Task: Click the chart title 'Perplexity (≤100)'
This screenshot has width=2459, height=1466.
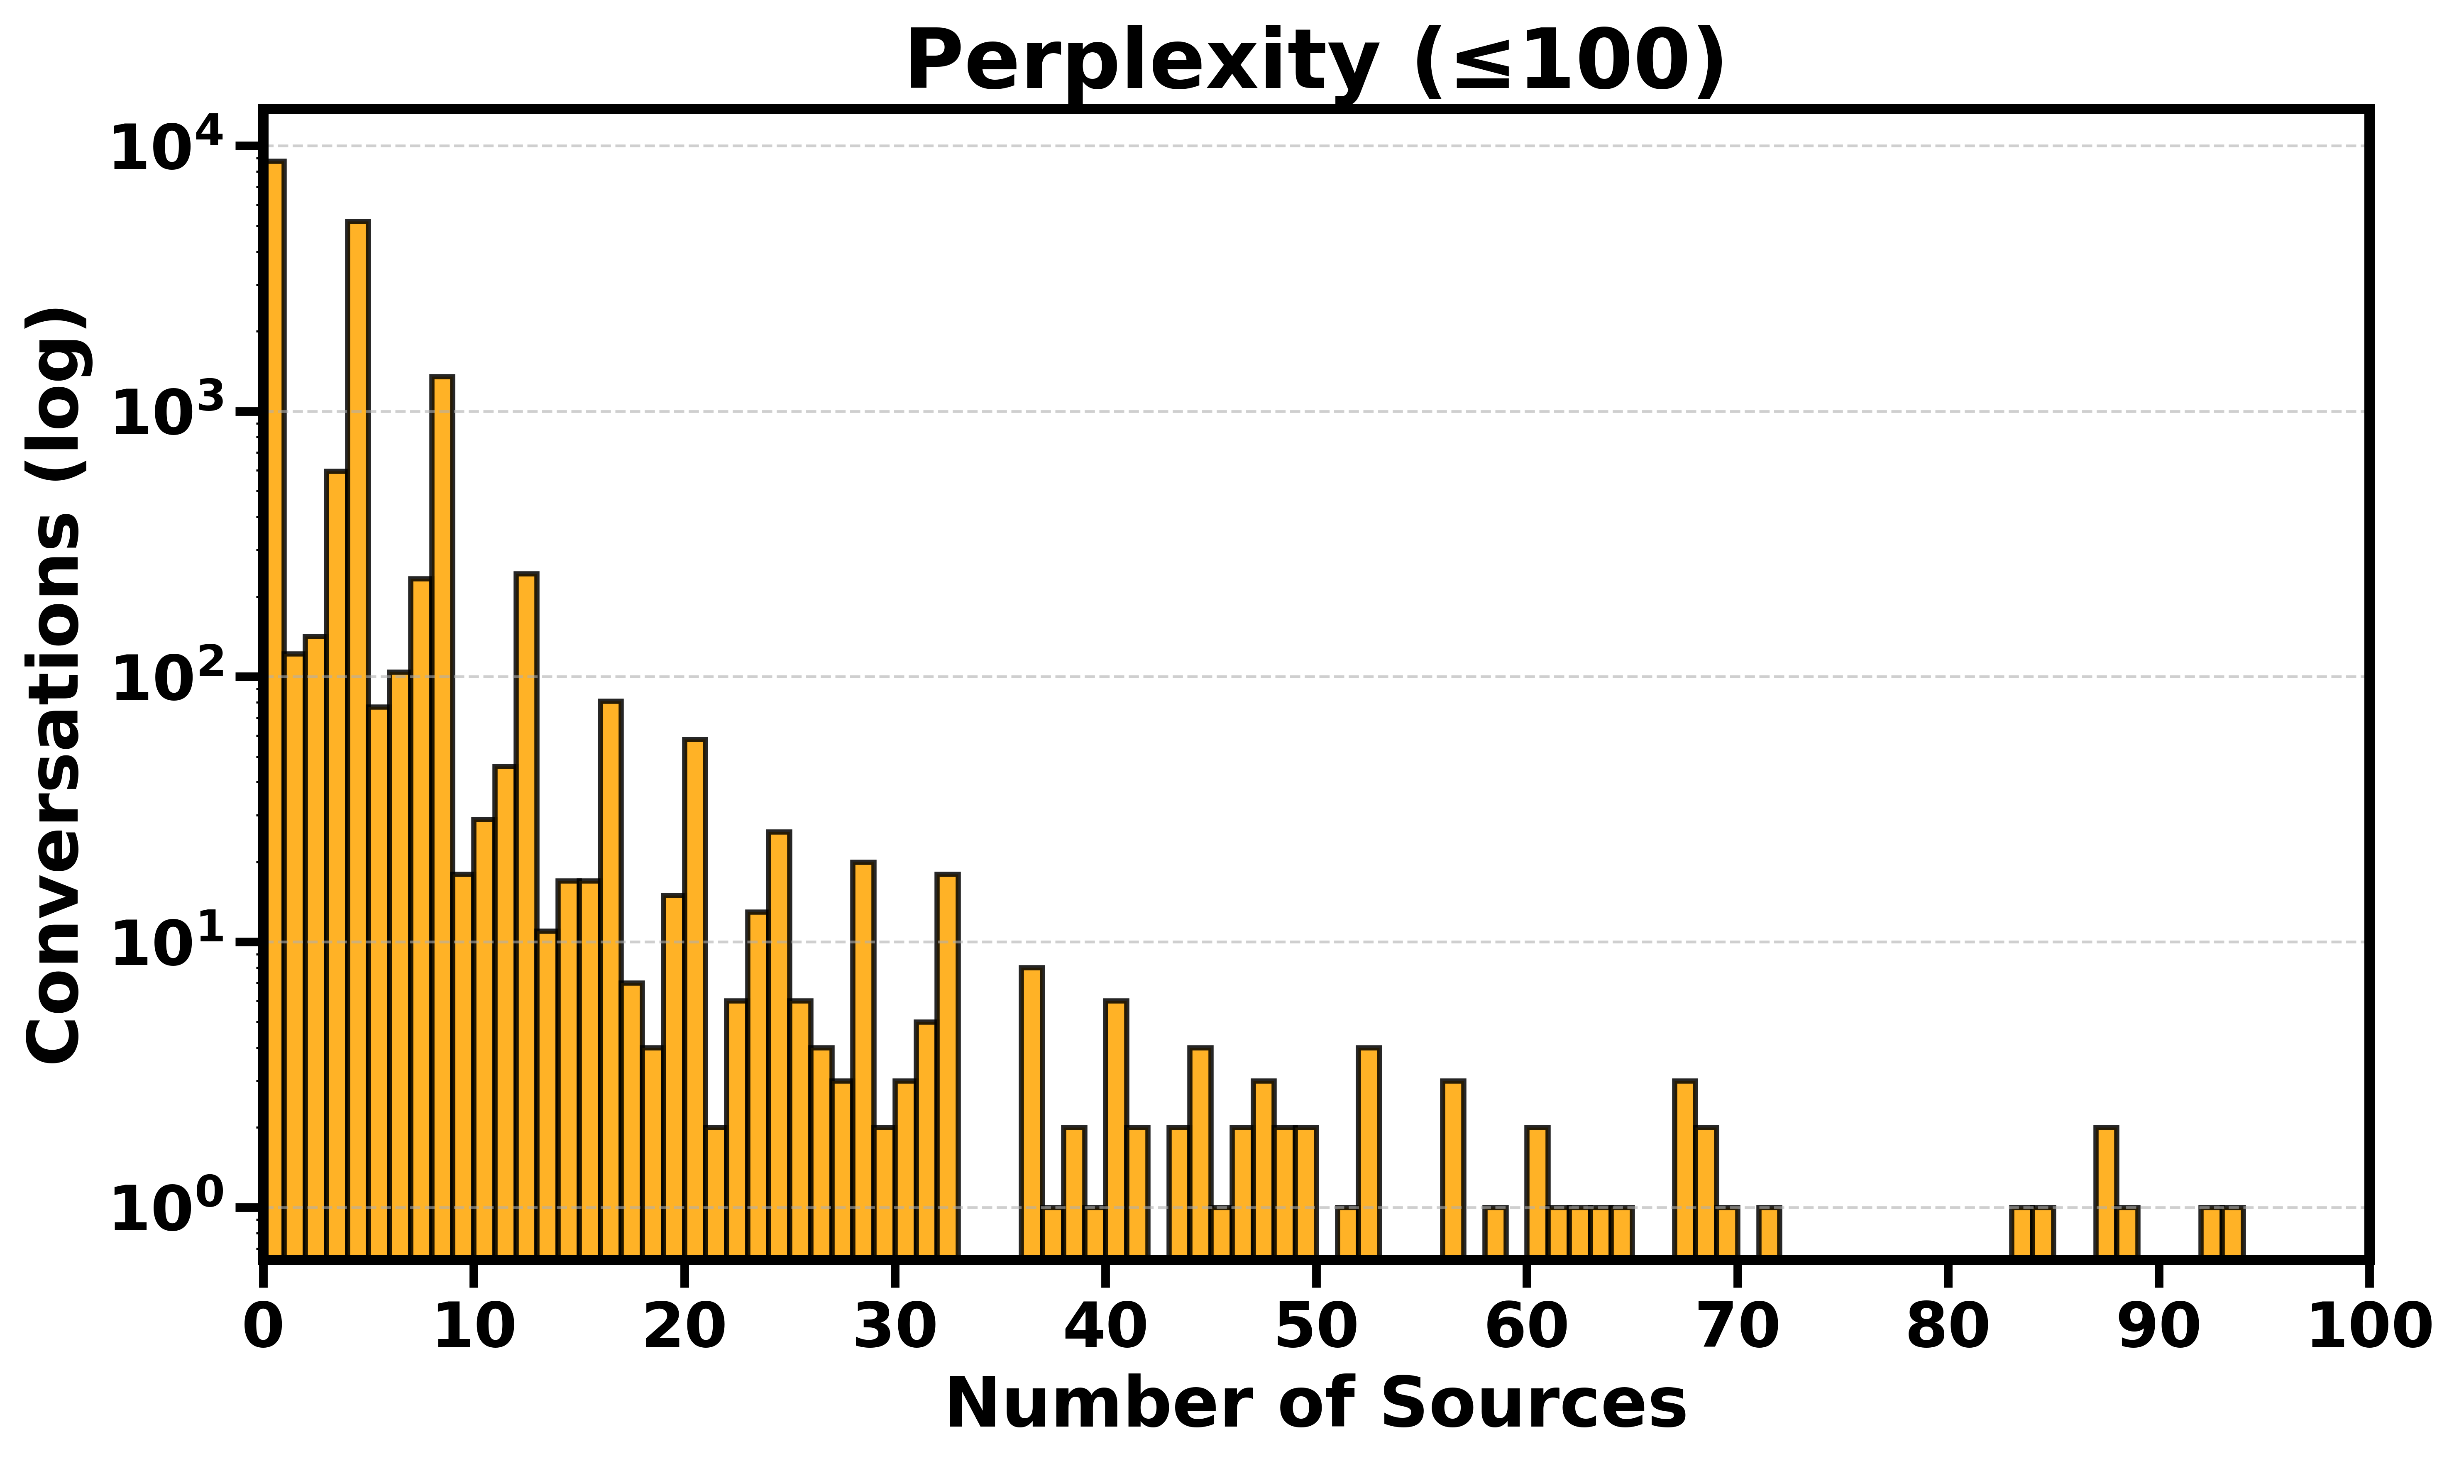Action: coord(1315,61)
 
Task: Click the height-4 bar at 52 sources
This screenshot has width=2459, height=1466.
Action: coord(1368,1151)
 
